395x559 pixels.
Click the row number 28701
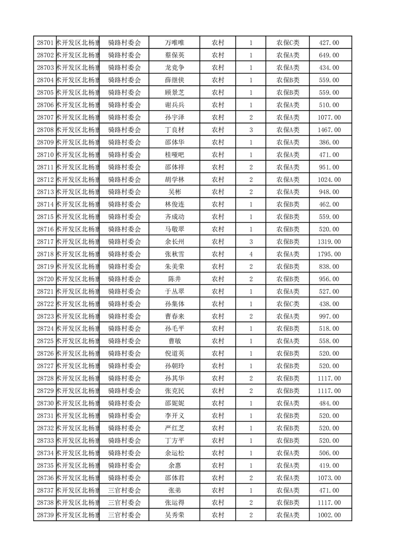tap(45, 43)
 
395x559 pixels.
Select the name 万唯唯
tap(174, 43)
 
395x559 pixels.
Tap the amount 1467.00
tap(329, 130)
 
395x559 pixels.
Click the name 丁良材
tap(174, 130)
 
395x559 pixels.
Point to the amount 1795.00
tap(329, 254)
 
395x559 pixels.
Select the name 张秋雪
tap(174, 254)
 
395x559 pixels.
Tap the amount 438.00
tap(329, 304)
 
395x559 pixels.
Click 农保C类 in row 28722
tap(288, 304)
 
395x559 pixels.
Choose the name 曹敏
tap(174, 341)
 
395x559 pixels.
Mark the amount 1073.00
tap(329, 478)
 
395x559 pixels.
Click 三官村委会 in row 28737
tap(125, 490)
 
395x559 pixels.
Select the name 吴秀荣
tap(174, 515)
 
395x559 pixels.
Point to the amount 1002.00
tap(329, 515)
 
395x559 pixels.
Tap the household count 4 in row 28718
tap(251, 254)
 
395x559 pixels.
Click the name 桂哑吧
tap(174, 155)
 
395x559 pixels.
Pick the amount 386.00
tap(329, 142)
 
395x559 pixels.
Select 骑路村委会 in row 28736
tap(125, 478)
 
